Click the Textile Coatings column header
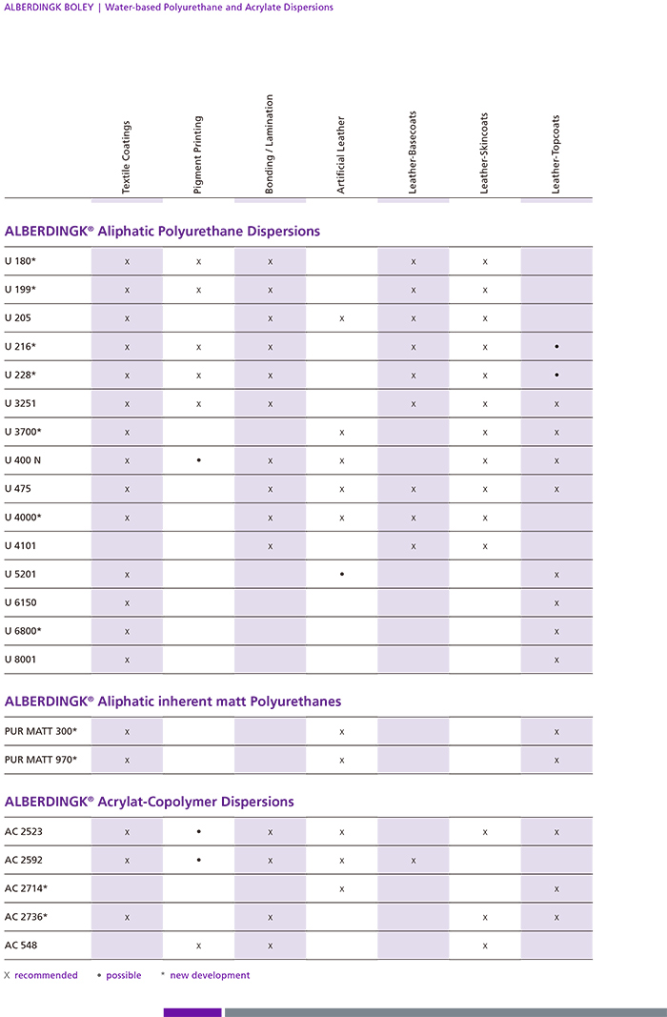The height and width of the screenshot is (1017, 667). click(x=127, y=157)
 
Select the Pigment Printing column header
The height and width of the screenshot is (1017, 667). click(x=198, y=155)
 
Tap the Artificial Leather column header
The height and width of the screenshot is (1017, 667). click(x=341, y=155)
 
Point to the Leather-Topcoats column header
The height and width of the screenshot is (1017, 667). click(x=556, y=155)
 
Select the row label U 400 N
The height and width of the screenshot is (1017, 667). click(x=24, y=460)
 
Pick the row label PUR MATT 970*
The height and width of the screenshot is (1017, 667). click(x=41, y=760)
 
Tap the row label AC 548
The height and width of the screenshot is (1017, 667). click(x=21, y=945)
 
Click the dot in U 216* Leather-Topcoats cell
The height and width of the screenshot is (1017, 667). click(x=556, y=347)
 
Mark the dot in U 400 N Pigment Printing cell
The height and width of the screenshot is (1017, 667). click(x=198, y=460)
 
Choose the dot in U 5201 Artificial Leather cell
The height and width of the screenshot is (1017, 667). click(x=341, y=574)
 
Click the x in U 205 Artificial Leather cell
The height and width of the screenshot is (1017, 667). click(x=341, y=318)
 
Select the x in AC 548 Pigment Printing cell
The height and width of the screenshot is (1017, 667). click(x=198, y=946)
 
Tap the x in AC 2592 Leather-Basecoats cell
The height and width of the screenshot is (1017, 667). click(x=414, y=860)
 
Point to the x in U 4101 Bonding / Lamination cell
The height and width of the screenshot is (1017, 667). click(x=271, y=546)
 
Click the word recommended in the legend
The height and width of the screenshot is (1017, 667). click(x=46, y=975)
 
